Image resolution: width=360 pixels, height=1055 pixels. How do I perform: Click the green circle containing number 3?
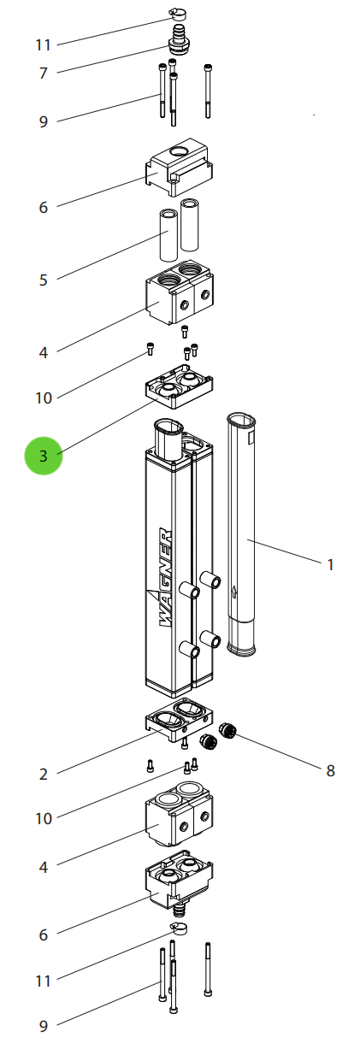(x=44, y=456)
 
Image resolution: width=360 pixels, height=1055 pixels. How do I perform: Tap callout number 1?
(x=331, y=564)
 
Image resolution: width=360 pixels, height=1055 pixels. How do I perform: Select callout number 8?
(x=330, y=770)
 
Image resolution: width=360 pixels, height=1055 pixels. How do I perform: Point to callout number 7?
(x=44, y=74)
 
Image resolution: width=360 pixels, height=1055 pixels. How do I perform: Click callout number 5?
(x=44, y=280)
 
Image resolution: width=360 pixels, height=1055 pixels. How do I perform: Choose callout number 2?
(x=44, y=775)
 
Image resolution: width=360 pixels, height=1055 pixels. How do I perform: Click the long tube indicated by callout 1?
(x=243, y=530)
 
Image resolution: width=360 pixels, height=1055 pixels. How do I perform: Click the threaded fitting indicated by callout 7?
(x=179, y=38)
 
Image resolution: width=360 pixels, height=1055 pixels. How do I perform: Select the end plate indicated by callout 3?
(x=179, y=387)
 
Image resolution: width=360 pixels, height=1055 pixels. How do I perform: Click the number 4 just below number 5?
(x=44, y=351)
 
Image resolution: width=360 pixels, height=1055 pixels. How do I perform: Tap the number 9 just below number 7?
(x=44, y=121)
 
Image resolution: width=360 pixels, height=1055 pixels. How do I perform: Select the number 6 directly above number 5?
(x=44, y=207)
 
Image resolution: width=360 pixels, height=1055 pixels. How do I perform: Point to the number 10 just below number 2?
(x=44, y=818)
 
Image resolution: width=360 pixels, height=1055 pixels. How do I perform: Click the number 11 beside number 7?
(x=44, y=44)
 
